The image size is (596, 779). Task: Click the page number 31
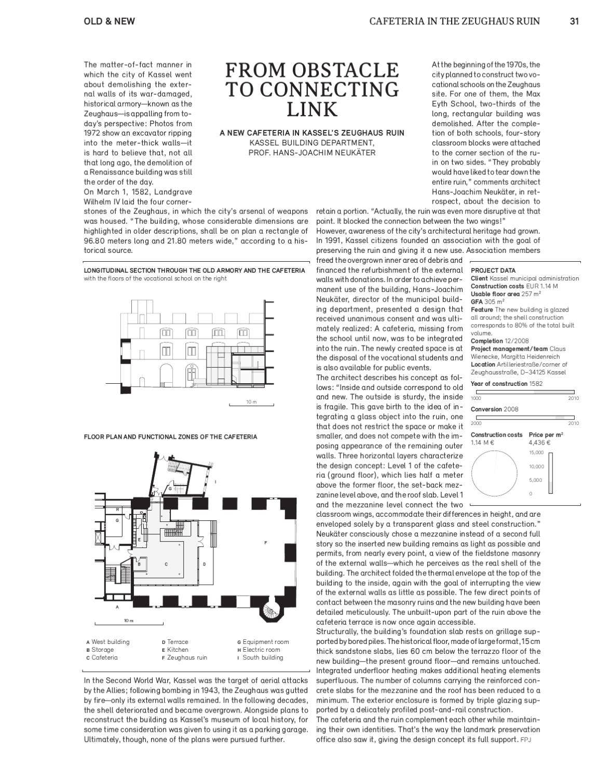tap(574, 21)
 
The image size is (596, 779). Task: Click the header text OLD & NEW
tap(109, 21)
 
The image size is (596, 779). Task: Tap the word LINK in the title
tap(312, 110)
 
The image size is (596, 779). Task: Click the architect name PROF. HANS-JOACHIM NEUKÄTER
tap(311, 153)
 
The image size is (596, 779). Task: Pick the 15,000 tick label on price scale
tap(536, 453)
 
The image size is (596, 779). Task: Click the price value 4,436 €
tap(539, 442)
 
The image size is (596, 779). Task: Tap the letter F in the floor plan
tap(266, 543)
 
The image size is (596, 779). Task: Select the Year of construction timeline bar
tap(522, 392)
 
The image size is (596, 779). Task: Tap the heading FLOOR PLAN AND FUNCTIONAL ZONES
tap(170, 437)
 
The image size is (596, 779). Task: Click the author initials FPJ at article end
tap(527, 738)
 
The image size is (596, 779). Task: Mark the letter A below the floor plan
tap(117, 607)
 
